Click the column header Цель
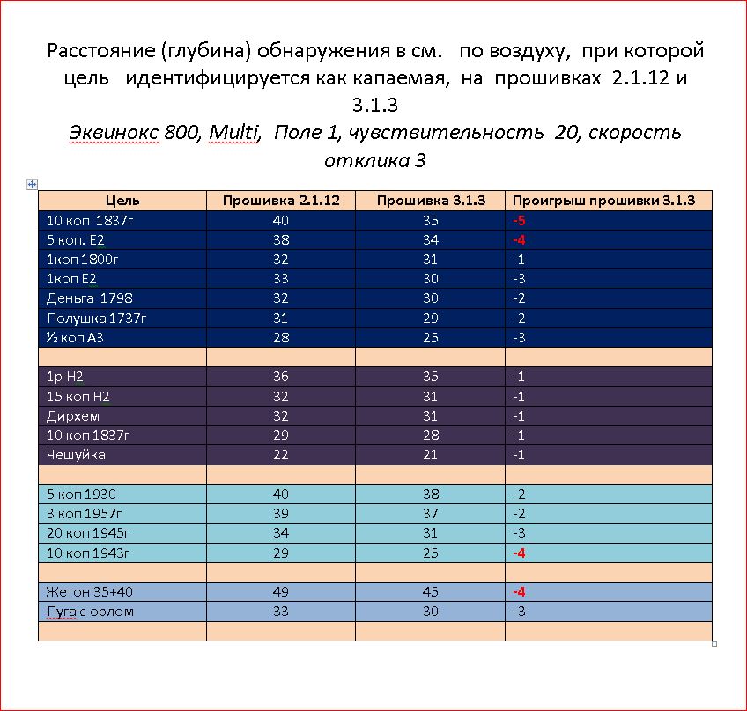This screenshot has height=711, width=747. click(122, 201)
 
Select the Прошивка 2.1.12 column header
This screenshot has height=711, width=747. click(281, 201)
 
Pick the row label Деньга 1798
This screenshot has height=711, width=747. click(89, 298)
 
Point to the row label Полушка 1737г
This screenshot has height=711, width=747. click(95, 318)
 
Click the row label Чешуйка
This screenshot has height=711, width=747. click(76, 454)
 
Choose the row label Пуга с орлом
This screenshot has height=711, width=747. click(89, 611)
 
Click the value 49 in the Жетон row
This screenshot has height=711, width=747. click(281, 591)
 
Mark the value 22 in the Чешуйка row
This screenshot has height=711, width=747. click(281, 454)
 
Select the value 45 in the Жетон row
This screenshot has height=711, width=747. click(431, 591)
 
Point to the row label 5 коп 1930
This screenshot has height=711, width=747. click(81, 494)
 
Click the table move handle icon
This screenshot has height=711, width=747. click(33, 184)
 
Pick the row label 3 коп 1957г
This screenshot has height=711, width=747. click(85, 513)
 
